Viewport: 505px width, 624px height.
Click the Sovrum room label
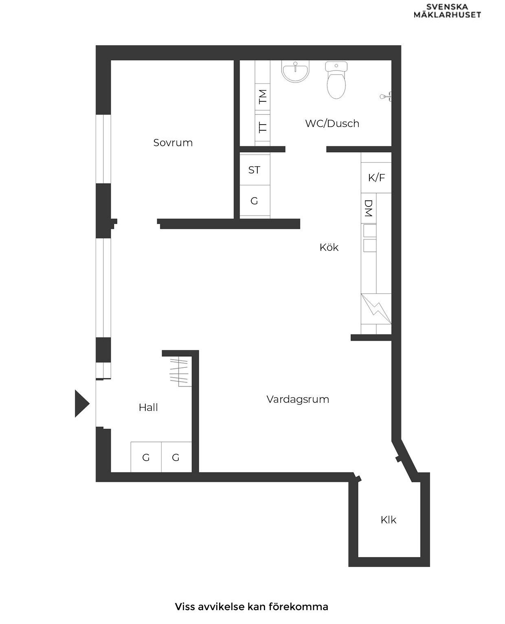coord(173,143)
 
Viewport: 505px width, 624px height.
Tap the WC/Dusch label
coord(332,123)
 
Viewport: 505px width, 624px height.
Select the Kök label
coord(329,247)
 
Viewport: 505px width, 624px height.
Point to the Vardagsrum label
coord(298,399)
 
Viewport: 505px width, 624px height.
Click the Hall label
coord(148,407)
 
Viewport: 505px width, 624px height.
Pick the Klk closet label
coord(388,520)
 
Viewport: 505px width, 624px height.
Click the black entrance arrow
coord(81,404)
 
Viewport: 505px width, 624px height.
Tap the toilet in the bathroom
coord(336,81)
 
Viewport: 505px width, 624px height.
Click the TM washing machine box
coord(263,97)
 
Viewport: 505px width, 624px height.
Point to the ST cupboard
coord(255,170)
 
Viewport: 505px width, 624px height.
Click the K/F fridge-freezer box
coord(376,178)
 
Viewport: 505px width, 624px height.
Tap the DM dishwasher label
coord(369,208)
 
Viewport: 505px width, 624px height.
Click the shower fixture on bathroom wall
coord(385,97)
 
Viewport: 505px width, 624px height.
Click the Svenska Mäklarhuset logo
coord(447,11)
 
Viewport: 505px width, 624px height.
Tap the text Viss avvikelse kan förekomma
coord(251,606)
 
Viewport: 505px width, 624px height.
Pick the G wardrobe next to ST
coord(255,201)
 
